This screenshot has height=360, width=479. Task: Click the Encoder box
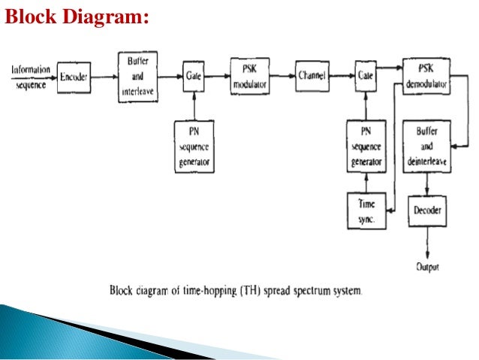pos(74,76)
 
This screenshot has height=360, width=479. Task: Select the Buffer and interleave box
pos(137,76)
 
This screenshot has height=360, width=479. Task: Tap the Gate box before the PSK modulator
pos(193,76)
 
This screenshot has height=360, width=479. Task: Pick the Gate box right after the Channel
pos(366,76)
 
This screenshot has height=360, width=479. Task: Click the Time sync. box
pos(366,211)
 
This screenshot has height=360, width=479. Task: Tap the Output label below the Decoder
pos(426,266)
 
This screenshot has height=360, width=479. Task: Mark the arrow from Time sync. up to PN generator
pos(366,183)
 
